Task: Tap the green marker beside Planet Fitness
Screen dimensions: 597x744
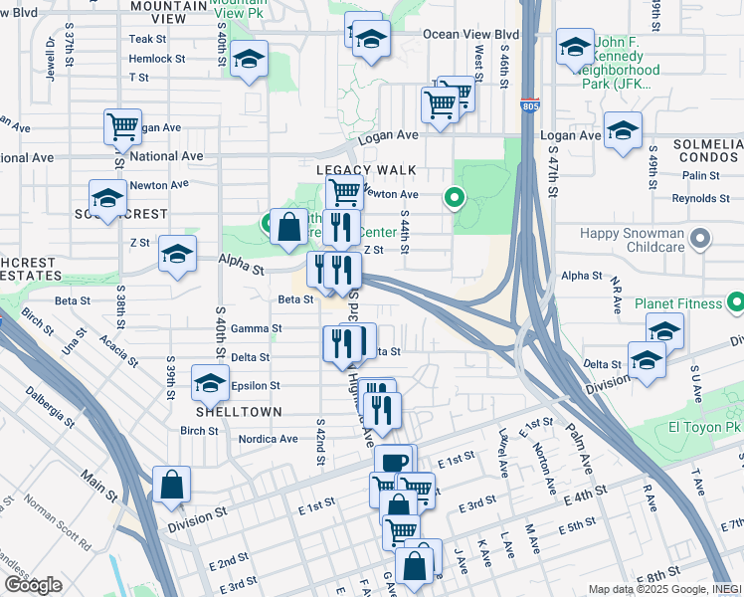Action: coord(736,300)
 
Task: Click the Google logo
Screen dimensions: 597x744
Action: coord(32,585)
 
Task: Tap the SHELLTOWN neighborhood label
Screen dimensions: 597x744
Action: coord(239,411)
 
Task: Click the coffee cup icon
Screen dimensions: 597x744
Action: coord(393,462)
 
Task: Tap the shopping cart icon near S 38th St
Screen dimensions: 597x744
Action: coord(123,127)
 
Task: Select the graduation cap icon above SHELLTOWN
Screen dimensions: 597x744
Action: coord(210,383)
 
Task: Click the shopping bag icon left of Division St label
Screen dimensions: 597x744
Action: coord(172,486)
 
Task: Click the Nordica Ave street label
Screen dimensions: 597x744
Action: coord(268,438)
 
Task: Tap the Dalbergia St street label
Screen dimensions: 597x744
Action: coord(53,407)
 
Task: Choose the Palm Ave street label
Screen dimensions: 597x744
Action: coord(579,434)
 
